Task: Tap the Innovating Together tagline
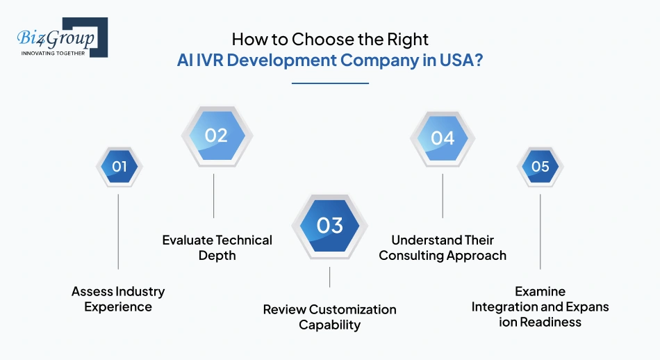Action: point(53,53)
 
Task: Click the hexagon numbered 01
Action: point(119,167)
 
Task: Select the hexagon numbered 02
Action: point(216,135)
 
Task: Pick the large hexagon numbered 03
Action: point(329,225)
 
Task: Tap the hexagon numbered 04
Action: point(443,138)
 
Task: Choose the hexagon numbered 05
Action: point(540,167)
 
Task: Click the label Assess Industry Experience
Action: point(118,299)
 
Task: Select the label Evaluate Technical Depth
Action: point(217,247)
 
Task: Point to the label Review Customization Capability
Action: point(329,317)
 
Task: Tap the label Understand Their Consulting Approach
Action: point(443,247)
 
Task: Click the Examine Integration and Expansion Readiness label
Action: point(540,306)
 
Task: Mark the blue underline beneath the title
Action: point(329,83)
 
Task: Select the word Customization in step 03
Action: point(353,309)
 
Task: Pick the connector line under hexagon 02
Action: point(214,196)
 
